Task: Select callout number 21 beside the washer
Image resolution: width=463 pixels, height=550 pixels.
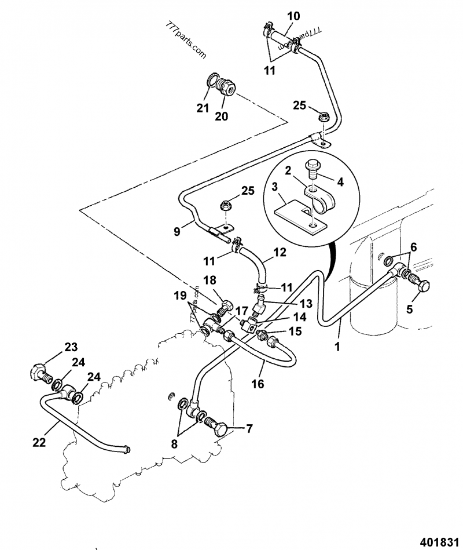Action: tap(201, 107)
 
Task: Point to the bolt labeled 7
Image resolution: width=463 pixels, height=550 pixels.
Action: tap(219, 429)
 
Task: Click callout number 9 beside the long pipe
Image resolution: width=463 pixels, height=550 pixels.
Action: tap(178, 231)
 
